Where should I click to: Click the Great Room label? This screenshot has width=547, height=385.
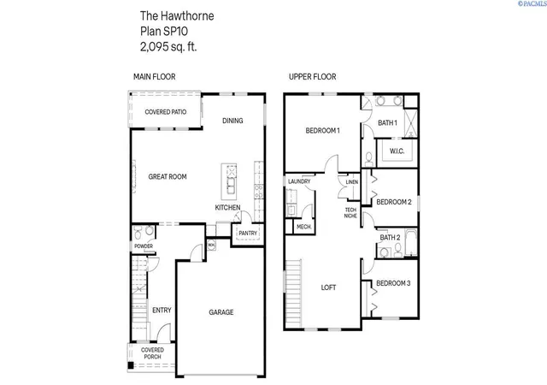[x=168, y=177]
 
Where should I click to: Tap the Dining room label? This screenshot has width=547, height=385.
[x=232, y=121]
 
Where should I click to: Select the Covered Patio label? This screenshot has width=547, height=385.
[x=166, y=112]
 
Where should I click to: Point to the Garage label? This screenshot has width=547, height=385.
[x=221, y=312]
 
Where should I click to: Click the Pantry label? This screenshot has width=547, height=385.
[x=248, y=233]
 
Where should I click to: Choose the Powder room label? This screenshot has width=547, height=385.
[x=144, y=246]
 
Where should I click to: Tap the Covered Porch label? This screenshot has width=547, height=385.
[x=152, y=353]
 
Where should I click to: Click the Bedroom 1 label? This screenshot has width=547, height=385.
[x=323, y=131]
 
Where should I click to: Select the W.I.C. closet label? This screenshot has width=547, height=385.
[x=397, y=151]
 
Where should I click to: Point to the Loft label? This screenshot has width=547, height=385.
[x=328, y=287]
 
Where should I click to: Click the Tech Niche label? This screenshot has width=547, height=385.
[x=350, y=213]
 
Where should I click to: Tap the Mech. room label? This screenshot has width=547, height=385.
[x=304, y=227]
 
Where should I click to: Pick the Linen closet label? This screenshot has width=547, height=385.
[x=351, y=182]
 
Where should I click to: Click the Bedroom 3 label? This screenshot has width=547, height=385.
[x=393, y=283]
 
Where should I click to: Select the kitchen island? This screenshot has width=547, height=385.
[x=229, y=181]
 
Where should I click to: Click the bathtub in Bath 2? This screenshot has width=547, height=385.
[x=411, y=243]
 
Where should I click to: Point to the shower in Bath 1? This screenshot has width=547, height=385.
[x=411, y=123]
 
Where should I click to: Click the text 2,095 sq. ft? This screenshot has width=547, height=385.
[x=168, y=47]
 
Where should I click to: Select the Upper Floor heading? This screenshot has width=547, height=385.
[x=313, y=77]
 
